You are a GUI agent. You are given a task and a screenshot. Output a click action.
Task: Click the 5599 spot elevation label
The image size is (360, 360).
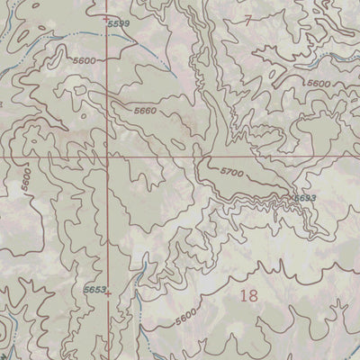coord(118,23)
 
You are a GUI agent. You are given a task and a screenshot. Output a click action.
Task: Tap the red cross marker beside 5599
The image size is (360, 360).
coord(106,18)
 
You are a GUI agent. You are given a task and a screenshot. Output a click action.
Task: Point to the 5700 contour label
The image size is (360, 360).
coord(231,171)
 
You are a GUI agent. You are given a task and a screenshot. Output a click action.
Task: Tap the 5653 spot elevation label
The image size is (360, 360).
coord(94,290)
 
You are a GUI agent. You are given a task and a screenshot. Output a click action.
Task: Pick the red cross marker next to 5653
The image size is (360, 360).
coord(107,292)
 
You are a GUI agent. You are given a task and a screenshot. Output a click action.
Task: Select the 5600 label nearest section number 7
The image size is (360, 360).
coord(318,83)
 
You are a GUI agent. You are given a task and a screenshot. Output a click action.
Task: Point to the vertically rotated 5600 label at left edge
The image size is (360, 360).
coord(28,178)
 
